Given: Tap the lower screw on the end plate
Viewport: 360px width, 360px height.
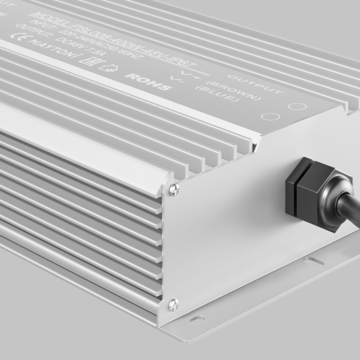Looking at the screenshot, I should pos(174,304).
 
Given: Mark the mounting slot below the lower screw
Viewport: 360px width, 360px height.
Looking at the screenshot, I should pos(197,320).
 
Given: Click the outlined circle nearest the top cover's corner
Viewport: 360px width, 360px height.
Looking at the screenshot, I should pos(297,106).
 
